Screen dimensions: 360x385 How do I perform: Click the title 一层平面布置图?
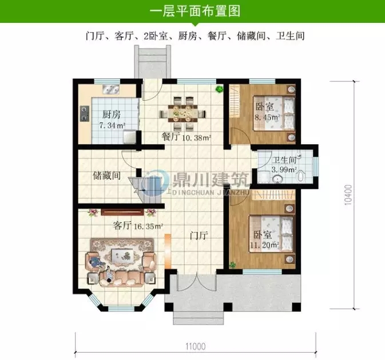(x=193, y=11)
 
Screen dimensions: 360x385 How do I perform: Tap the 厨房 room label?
(x=102, y=114)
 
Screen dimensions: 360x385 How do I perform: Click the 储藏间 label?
(x=106, y=176)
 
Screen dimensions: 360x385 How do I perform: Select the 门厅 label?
(x=198, y=235)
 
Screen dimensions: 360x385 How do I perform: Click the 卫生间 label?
(x=283, y=160)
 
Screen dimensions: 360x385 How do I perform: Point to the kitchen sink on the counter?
(x=108, y=90)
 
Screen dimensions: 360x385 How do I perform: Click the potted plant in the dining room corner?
(x=218, y=89)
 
